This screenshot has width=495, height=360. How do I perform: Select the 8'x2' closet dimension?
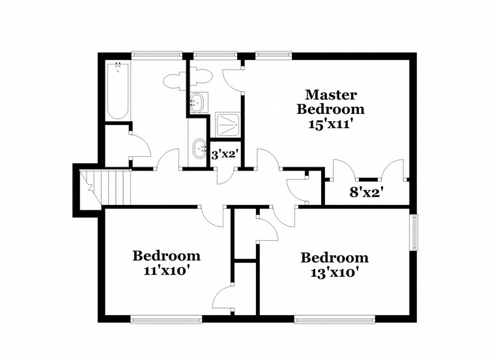tap(365, 191)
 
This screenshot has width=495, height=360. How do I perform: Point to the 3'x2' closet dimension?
tap(224, 155)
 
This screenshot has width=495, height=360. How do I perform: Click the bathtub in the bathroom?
tap(118, 90)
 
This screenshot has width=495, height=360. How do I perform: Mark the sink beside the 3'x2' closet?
tap(198, 150)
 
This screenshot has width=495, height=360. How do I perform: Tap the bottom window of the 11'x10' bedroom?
tap(165, 318)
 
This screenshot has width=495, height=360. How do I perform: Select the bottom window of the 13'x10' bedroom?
tap(334, 318)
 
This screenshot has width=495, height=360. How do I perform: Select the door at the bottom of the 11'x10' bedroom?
tap(224, 299)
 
